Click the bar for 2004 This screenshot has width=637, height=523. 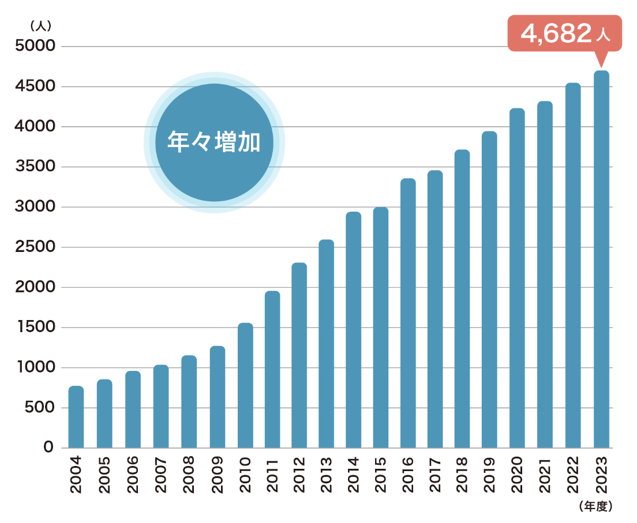coord(76,417)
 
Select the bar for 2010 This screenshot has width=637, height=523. coord(245,385)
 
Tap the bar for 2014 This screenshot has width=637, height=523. coord(354,330)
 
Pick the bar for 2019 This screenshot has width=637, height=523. coord(489,289)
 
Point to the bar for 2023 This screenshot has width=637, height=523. coord(601,259)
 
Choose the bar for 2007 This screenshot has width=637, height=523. coord(161,406)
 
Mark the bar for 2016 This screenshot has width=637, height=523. coord(408,313)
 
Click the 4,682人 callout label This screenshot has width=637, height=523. coord(565,33)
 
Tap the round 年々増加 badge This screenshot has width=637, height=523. coord(214,142)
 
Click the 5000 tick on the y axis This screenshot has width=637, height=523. coord(35,46)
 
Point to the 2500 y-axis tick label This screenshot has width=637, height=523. coord(35,247)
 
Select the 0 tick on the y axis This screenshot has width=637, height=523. coord(48,447)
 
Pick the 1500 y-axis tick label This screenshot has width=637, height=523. coord(35,328)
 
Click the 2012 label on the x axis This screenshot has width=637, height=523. coord(299,475)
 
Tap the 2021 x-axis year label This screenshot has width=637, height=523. coord(545,475)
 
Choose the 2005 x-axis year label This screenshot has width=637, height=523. coord(104,475)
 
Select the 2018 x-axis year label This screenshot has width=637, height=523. coord(463,475)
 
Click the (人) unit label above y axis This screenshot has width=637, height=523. coord(41,25)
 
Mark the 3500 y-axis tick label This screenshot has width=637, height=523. coord(35,167)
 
